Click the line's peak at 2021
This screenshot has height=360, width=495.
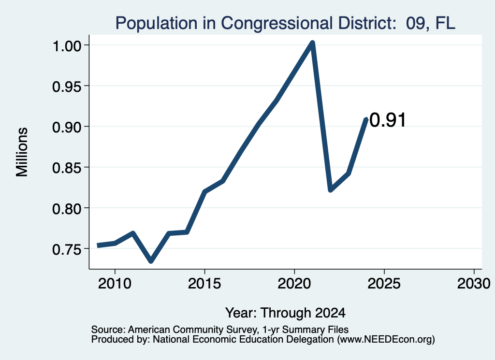click(312, 43)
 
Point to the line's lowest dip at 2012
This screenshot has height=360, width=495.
click(151, 260)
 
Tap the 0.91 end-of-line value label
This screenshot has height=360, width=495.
click(387, 120)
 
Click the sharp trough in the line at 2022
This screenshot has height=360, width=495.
click(330, 189)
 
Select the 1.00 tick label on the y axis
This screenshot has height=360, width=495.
click(67, 46)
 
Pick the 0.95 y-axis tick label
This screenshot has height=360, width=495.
click(67, 86)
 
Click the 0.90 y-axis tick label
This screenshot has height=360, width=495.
click(67, 127)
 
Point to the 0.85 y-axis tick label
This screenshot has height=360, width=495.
click(67, 168)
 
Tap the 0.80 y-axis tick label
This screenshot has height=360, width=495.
click(67, 209)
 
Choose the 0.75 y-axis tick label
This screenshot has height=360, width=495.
click(67, 249)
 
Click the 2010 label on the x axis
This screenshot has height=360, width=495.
click(115, 284)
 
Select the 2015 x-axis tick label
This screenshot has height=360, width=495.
click(204, 284)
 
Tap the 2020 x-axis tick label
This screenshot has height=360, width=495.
click(294, 284)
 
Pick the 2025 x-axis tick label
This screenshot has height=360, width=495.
click(384, 284)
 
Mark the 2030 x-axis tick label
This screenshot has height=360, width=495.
click(474, 284)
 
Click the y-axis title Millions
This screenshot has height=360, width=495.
click(22, 152)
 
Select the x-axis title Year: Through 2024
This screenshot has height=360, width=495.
click(285, 313)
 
